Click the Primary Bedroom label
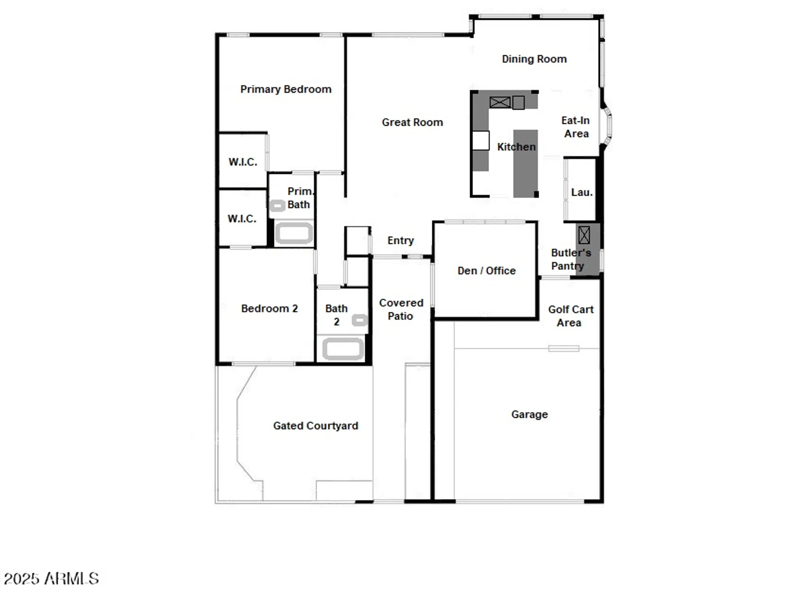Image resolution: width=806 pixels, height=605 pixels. point(285,89)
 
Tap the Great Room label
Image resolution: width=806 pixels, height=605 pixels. point(412,122)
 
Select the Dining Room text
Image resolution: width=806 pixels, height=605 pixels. point(534,59)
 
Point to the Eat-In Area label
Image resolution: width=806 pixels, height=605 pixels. point(576,127)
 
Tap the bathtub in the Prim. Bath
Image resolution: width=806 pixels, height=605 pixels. point(294,233)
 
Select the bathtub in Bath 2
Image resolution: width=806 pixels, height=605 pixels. point(343,349)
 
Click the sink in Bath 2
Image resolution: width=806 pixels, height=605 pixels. point(359,320)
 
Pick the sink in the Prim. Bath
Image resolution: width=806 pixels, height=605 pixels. point(277,206)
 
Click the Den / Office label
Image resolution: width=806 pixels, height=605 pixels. point(486,271)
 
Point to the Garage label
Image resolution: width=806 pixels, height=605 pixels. point(529,414)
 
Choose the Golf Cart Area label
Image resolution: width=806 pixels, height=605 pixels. point(570,316)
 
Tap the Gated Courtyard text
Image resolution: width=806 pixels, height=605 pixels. point(315,426)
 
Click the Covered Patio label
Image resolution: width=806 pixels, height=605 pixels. point(401,309)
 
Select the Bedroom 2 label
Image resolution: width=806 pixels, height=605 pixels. point(269,309)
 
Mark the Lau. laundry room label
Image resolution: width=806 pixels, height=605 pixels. point(581,192)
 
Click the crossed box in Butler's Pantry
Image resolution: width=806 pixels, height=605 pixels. point(584,235)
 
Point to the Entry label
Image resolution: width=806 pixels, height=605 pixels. point(400,240)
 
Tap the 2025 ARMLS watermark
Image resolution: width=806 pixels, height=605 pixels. point(51,579)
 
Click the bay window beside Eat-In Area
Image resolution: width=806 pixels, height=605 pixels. point(606,125)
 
